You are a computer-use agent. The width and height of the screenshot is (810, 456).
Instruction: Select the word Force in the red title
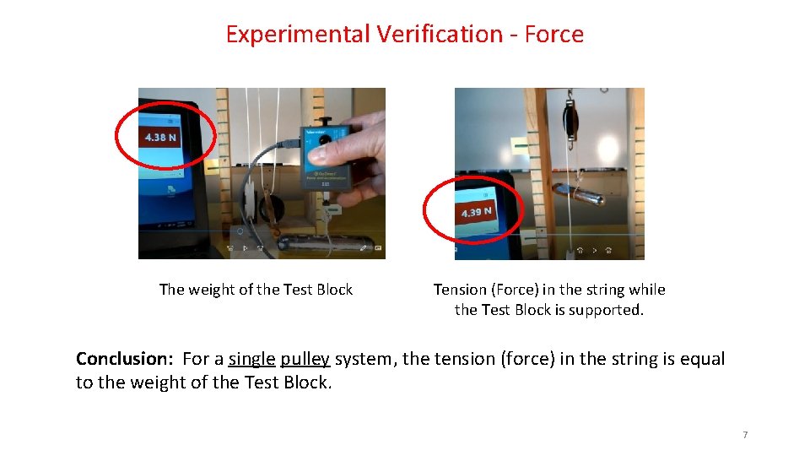point(553,35)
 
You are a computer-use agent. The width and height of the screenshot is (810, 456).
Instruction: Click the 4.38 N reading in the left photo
point(160,137)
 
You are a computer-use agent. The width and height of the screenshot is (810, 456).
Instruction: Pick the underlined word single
point(251,359)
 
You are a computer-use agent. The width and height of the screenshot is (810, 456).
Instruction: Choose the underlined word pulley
point(305,359)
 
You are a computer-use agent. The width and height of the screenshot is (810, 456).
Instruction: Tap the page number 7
point(745,435)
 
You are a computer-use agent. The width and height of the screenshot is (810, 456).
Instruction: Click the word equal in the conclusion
point(702,359)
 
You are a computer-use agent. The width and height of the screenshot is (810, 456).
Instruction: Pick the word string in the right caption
point(594,290)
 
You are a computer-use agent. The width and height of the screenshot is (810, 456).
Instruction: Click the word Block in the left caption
point(334,290)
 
